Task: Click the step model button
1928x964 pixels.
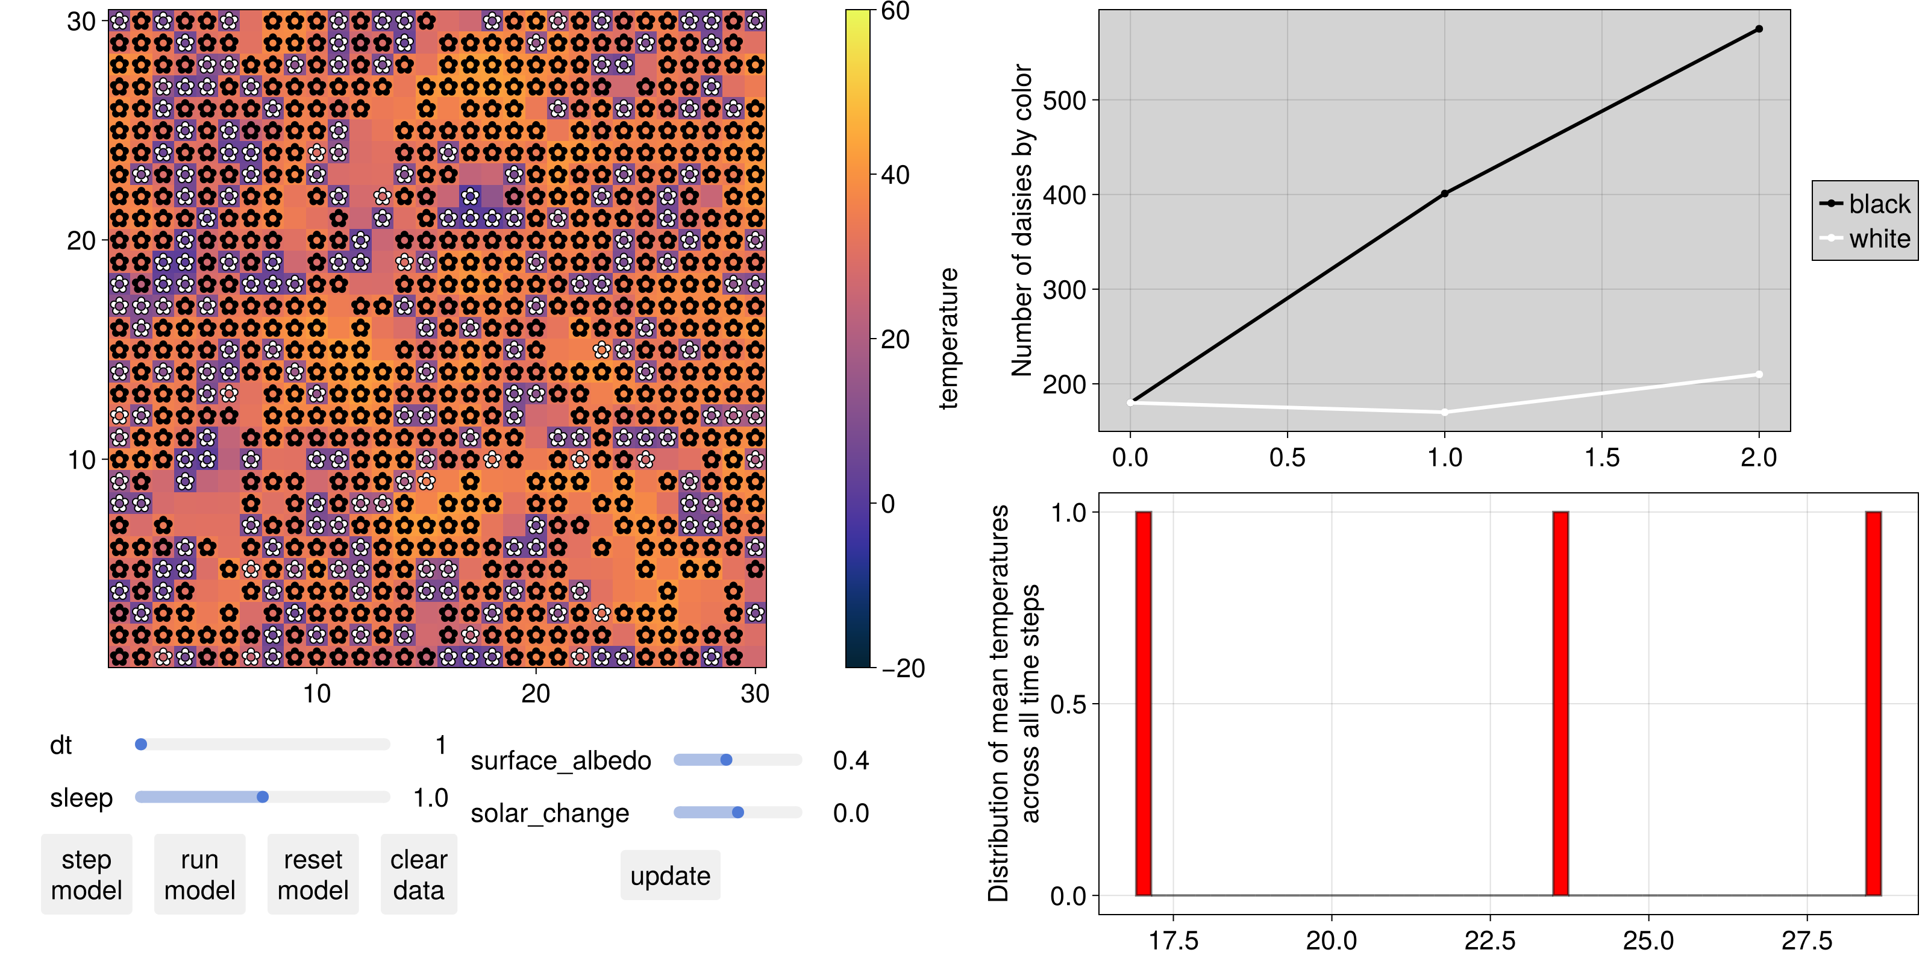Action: coord(87,874)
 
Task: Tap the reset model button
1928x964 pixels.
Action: coord(313,874)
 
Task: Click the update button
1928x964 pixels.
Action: coord(671,875)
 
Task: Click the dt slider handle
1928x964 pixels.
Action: coord(141,744)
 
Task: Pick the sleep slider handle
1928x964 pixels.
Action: coord(263,797)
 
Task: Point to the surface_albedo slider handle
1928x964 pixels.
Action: coord(726,760)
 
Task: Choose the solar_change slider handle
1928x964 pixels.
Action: coord(738,812)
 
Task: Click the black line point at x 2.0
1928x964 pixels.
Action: coord(1759,29)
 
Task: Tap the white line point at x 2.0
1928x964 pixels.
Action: coord(1759,374)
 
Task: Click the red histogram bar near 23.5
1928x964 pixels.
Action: coord(1560,704)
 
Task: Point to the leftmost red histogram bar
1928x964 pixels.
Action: coord(1144,704)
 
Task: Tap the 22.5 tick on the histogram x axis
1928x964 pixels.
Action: coord(1490,940)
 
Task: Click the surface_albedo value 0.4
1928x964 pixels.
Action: coord(851,760)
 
